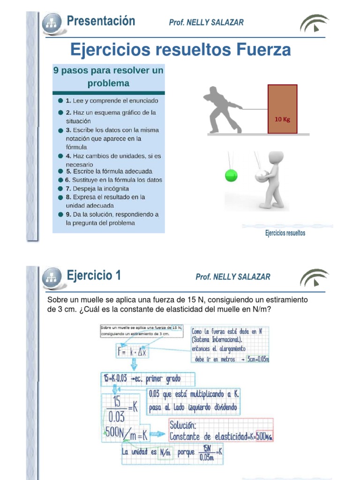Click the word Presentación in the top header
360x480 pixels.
tap(101, 21)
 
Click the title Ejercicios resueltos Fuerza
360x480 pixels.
tap(180, 50)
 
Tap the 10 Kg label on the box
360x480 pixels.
tap(282, 119)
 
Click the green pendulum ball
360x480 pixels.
tap(231, 176)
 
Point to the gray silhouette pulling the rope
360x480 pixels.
tap(222, 109)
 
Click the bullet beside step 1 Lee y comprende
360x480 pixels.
tap(60, 101)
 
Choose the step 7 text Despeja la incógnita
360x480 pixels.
tap(97, 188)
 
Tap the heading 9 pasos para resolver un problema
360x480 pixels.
tap(108, 77)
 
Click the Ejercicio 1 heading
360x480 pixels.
tap(94, 275)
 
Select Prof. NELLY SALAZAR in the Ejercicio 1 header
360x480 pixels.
tap(232, 277)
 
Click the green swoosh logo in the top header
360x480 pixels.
tap(314, 23)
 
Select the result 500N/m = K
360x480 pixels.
tap(126, 435)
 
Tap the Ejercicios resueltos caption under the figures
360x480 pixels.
tap(285, 233)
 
